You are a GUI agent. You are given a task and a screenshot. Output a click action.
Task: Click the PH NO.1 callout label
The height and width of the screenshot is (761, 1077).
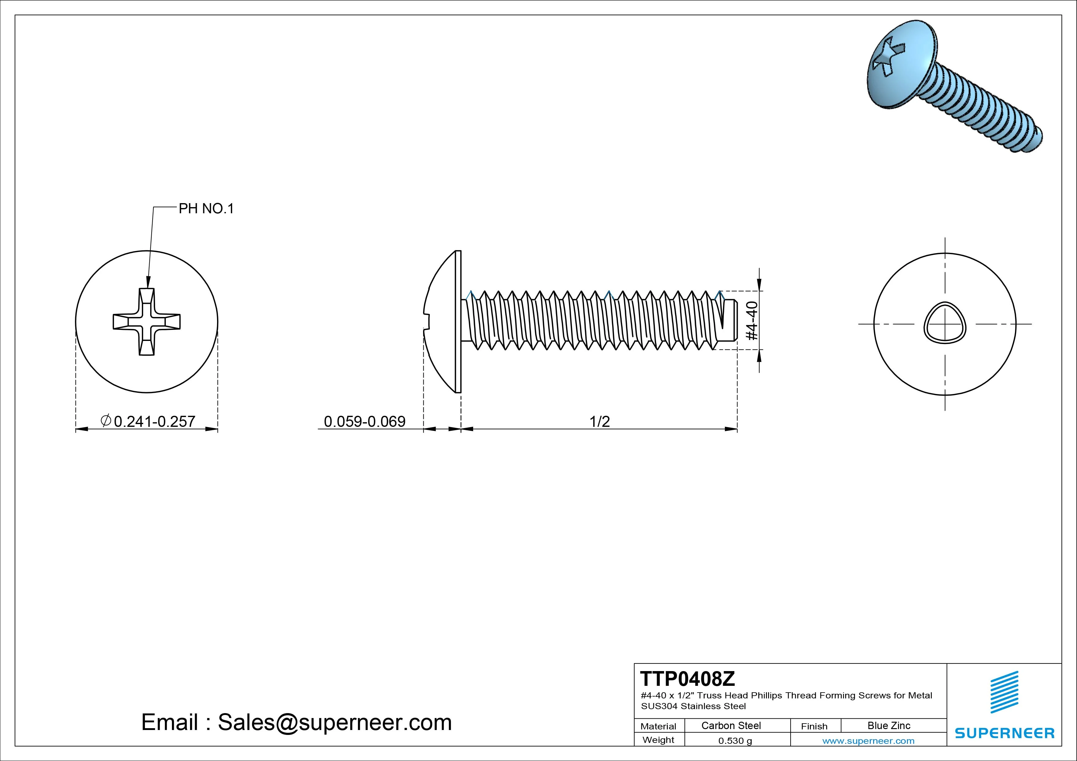click(x=206, y=209)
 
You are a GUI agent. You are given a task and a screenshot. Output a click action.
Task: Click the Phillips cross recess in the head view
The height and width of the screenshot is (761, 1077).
click(x=147, y=322)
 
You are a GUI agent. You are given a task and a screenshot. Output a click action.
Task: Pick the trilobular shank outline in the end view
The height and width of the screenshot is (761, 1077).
click(x=945, y=323)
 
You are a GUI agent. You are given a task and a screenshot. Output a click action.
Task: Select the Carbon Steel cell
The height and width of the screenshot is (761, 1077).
click(x=731, y=725)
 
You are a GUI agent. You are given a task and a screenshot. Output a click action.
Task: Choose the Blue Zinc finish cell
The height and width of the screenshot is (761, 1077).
click(x=888, y=725)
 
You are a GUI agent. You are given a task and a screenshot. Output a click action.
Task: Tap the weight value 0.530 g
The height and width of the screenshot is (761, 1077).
click(x=735, y=741)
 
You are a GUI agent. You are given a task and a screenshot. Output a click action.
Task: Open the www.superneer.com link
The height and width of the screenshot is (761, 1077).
click(x=868, y=741)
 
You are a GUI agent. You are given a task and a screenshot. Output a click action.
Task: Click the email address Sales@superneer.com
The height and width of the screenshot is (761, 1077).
click(x=334, y=723)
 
